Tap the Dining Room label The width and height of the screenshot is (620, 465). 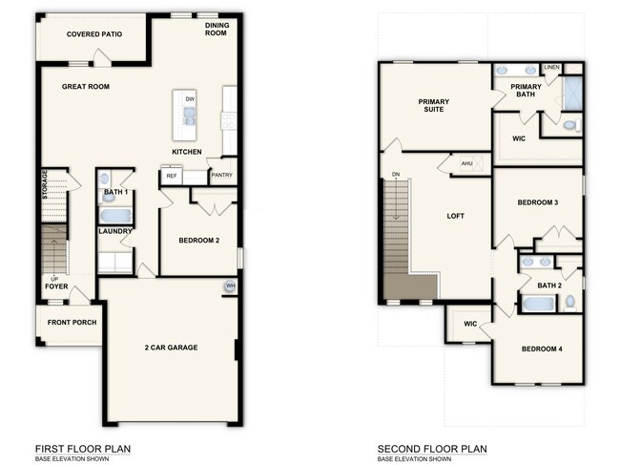click(217, 30)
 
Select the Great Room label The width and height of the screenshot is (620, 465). click(86, 87)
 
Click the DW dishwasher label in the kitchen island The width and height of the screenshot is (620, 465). click(190, 98)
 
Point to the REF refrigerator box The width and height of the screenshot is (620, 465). click(172, 176)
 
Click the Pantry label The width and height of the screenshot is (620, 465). click(221, 176)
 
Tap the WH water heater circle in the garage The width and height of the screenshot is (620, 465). click(230, 285)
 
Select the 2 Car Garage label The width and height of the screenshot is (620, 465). click(172, 348)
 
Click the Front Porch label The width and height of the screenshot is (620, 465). click(72, 323)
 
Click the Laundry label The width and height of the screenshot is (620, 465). click(114, 231)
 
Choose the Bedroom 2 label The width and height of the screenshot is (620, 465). click(199, 241)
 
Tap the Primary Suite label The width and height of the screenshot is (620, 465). click(434, 106)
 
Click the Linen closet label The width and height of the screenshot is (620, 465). click(551, 68)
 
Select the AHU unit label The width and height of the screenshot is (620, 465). click(466, 163)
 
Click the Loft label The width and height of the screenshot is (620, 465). click(456, 216)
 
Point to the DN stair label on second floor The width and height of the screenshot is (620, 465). click(395, 175)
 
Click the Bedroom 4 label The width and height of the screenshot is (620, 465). click(541, 349)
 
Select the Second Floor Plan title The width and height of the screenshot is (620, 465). click(432, 448)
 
